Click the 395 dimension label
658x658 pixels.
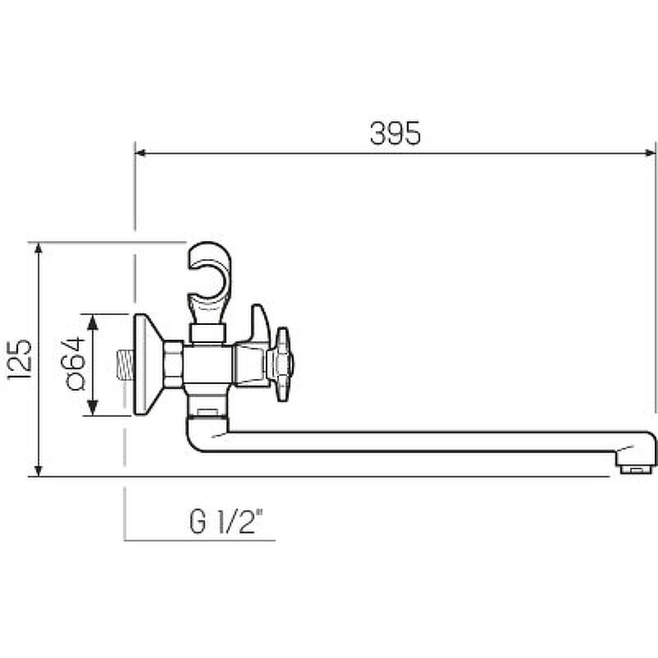tap(395, 133)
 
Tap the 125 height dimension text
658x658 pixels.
tap(19, 359)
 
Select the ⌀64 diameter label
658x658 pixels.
tap(76, 364)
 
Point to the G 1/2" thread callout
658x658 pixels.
tap(226, 521)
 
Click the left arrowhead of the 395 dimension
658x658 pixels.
tap(141, 153)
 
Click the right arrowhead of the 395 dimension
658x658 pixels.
tap(650, 153)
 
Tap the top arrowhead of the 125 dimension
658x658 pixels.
tap(38, 248)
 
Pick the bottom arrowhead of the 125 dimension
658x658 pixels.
tap(38, 470)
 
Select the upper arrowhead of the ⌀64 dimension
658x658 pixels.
tap(92, 322)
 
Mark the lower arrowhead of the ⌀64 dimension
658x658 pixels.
tap(92, 408)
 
